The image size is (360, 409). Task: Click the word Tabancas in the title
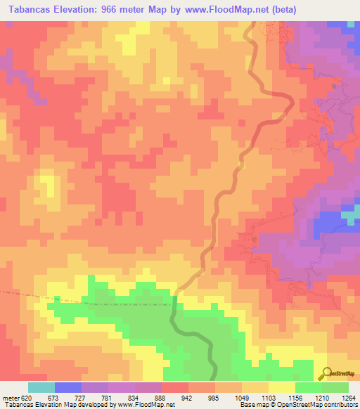pyautogui.click(x=28, y=9)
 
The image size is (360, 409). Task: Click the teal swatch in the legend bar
pyautogui.click(x=41, y=387)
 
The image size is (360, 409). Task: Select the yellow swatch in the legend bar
pyautogui.click(x=281, y=387)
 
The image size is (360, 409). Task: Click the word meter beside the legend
pyautogui.click(x=9, y=397)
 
